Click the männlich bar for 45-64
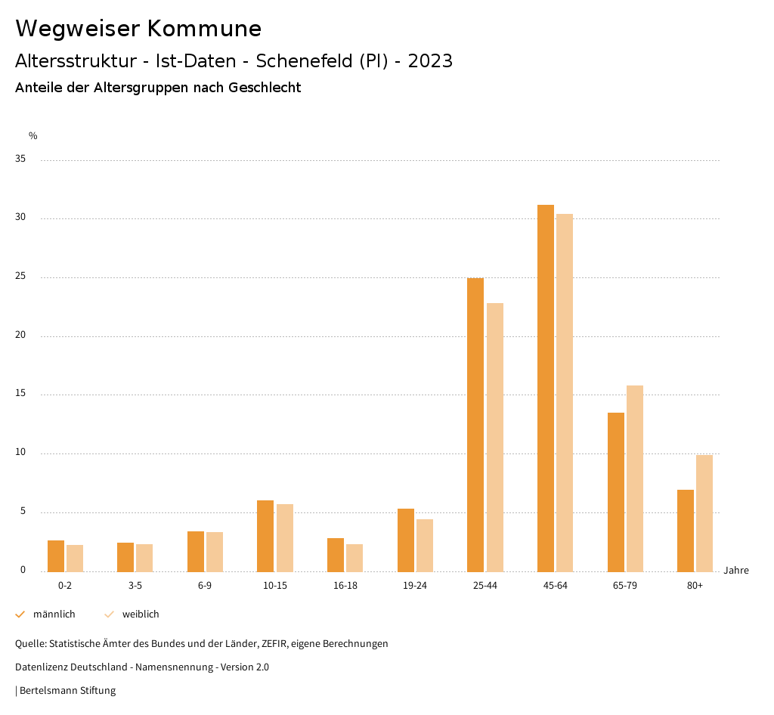545,388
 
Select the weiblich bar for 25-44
495,437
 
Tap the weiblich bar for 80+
704,512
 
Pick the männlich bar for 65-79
616,491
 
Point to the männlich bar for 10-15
265,535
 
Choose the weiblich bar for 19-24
425,545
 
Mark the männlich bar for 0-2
56,556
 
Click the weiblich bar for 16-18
354,557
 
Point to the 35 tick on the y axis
20,159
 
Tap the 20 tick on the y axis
20,336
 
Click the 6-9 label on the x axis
205,586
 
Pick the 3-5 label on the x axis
135,586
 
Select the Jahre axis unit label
735,571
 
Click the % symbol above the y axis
33,136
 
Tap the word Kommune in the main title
204,29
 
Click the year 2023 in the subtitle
430,61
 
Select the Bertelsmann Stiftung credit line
67,690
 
